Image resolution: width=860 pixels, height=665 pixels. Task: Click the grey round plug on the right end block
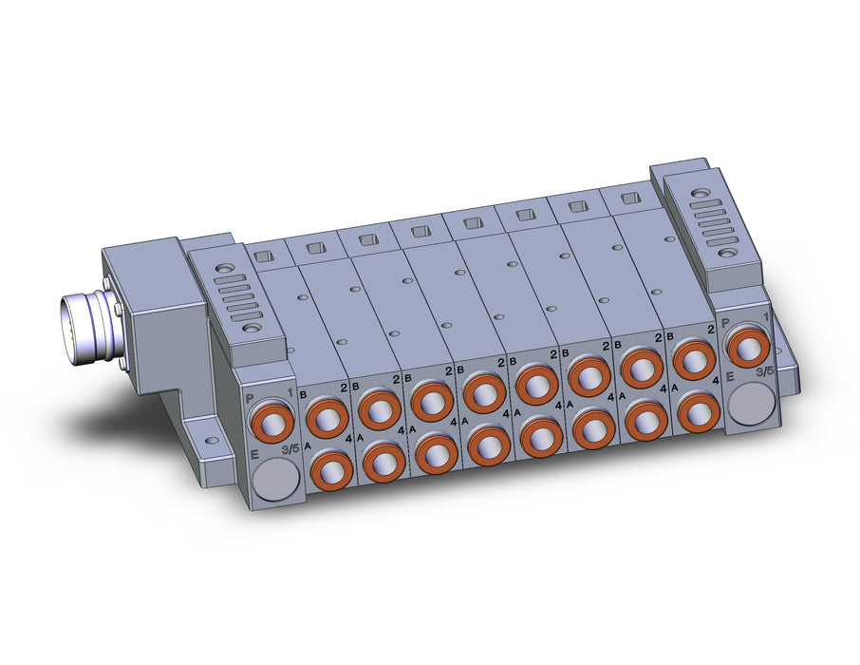click(x=750, y=402)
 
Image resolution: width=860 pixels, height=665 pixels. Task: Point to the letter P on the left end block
click(x=250, y=398)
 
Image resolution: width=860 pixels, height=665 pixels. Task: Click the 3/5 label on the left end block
click(x=290, y=449)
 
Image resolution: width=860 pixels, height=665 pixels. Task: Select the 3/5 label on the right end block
click(x=764, y=371)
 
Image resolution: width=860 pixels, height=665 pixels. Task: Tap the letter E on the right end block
click(x=730, y=377)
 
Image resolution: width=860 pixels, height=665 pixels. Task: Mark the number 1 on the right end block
click(x=766, y=316)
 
